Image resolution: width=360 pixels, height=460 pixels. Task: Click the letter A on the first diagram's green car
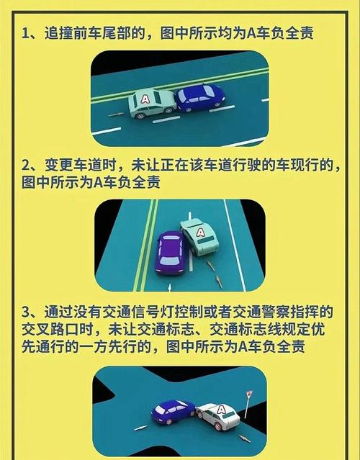145,99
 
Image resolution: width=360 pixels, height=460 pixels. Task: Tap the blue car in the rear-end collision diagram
200,98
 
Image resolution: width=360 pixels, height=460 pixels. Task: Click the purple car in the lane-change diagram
170,253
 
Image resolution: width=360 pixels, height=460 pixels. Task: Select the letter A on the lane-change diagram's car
200,233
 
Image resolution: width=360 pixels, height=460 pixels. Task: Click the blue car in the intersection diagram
174,412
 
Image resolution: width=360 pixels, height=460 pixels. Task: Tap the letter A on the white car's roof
222,409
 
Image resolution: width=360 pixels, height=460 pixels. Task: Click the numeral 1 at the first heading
25,33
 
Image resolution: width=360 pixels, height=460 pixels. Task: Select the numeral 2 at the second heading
26,166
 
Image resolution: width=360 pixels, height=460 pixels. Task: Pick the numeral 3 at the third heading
26,312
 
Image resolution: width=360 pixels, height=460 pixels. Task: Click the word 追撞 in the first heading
58,33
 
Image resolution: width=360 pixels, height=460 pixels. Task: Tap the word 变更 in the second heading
58,166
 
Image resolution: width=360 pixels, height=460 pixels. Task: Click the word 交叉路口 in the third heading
50,330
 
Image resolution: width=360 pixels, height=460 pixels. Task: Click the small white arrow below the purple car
170,287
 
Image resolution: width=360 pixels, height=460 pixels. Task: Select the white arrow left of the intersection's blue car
141,428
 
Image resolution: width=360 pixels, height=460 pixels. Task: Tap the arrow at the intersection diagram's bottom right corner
244,438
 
